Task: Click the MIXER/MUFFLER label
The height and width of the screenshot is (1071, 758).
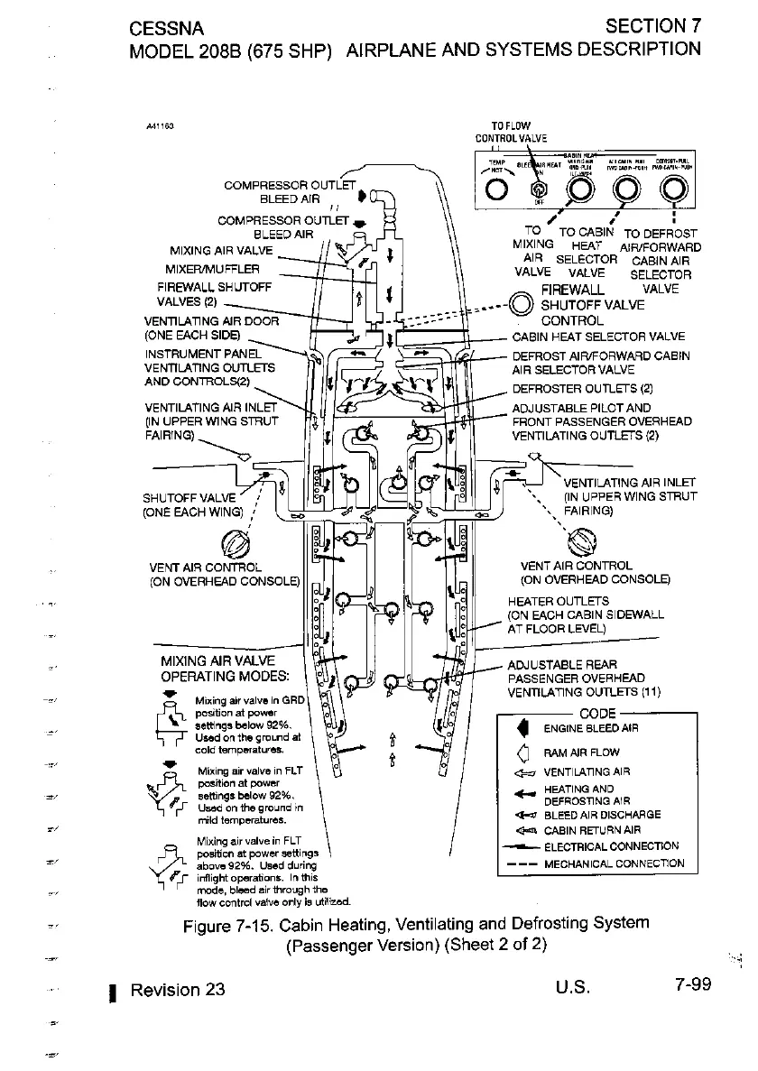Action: click(x=210, y=269)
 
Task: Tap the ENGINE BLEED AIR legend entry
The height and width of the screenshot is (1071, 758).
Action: click(x=591, y=729)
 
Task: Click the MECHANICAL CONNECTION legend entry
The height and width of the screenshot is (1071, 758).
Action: click(x=613, y=863)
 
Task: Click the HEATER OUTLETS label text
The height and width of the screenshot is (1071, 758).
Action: click(x=559, y=601)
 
